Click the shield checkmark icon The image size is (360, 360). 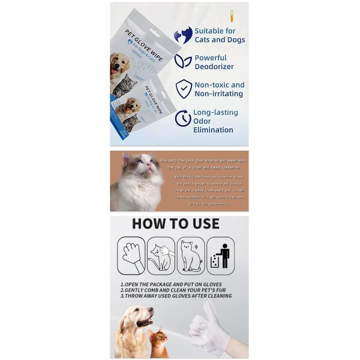tap(184, 89)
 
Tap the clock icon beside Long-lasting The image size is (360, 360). tap(183, 119)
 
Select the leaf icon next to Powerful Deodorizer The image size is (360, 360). tap(183, 61)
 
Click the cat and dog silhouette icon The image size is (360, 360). tap(183, 35)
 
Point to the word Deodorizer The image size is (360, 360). tap(214, 66)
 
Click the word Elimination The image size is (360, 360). tap(213, 130)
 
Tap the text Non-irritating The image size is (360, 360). tap(219, 94)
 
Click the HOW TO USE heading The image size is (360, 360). tap(176, 224)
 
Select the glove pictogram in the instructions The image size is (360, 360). tap(131, 256)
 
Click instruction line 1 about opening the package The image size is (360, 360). tap(171, 284)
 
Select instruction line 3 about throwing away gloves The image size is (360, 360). tap(176, 296)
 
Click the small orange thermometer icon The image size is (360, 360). tap(232, 16)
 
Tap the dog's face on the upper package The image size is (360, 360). tap(120, 64)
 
